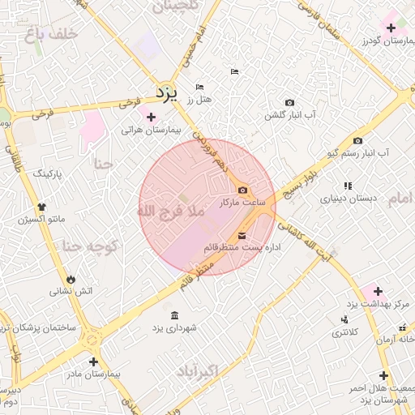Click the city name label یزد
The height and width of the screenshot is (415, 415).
[166, 92]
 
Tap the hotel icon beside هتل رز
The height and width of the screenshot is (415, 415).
[200, 88]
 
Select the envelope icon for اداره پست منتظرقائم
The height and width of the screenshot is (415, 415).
[242, 236]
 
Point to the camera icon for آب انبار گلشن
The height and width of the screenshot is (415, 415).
[289, 103]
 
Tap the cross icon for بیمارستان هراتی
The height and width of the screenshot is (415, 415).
[151, 117]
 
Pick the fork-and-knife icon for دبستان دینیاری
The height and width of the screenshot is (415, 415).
[348, 186]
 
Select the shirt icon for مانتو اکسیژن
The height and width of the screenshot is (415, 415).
[41, 207]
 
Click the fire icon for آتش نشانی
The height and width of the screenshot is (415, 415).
[71, 279]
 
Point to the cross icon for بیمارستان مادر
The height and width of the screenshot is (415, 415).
[93, 362]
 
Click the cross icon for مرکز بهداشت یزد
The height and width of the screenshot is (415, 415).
[377, 290]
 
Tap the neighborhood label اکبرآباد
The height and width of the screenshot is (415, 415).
[196, 371]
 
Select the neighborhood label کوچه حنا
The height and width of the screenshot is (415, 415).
[92, 245]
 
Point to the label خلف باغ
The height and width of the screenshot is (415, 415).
[49, 33]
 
